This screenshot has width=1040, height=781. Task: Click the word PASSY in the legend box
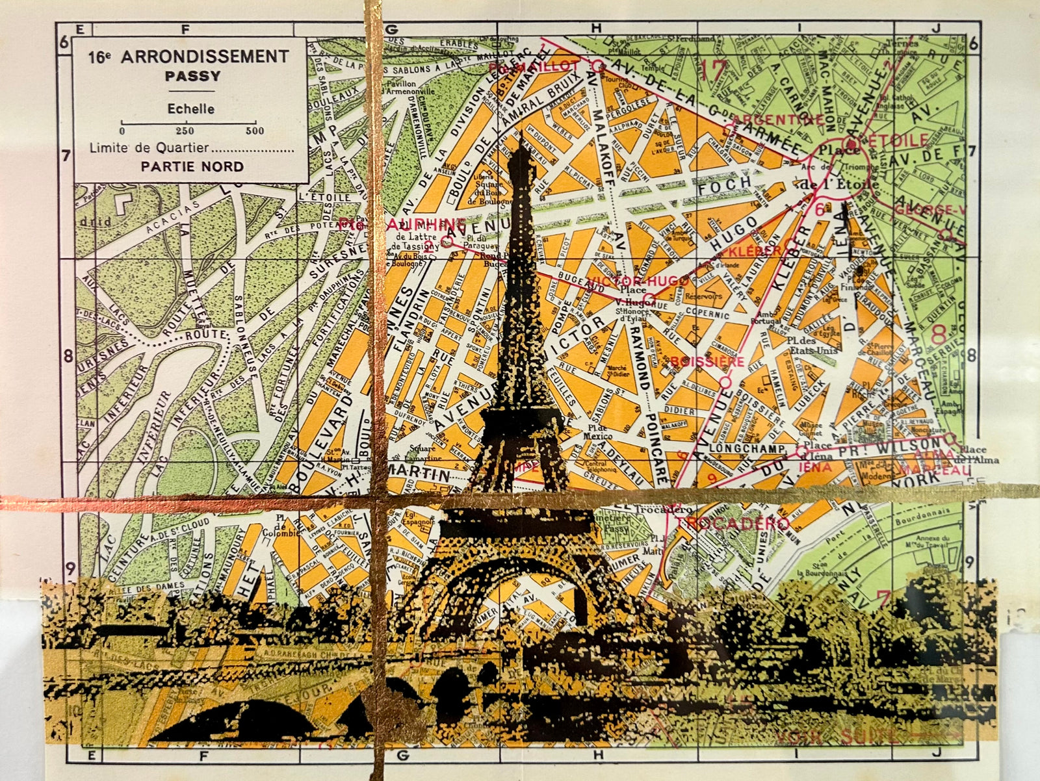(x=192, y=76)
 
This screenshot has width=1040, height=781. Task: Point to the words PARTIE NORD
(x=192, y=166)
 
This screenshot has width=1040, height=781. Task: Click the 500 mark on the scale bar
(x=255, y=131)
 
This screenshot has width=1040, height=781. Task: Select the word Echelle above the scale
(x=190, y=109)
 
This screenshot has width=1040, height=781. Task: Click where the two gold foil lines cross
(x=376, y=502)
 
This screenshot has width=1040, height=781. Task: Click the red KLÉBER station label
(x=754, y=250)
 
